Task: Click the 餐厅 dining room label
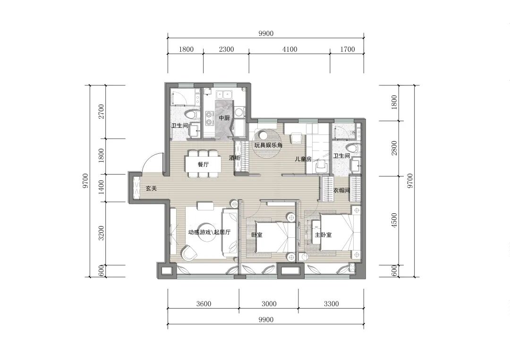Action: pos(203,164)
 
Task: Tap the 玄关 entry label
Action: pos(151,188)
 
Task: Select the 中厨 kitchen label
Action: pos(224,118)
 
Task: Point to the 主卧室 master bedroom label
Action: pos(323,234)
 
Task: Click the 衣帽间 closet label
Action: pos(341,191)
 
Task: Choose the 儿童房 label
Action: pos(303,159)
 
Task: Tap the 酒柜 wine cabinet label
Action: pos(235,158)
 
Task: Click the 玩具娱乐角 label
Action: pos(268,145)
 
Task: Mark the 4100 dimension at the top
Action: pos(290,50)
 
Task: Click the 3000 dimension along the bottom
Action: pos(269,304)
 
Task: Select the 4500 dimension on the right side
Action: pos(394,220)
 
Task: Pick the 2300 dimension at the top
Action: pos(226,50)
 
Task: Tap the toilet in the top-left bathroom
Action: pos(192,114)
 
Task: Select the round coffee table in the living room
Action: pos(207,232)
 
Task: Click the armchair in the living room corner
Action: pos(189,253)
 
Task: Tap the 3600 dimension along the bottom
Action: pos(204,304)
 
